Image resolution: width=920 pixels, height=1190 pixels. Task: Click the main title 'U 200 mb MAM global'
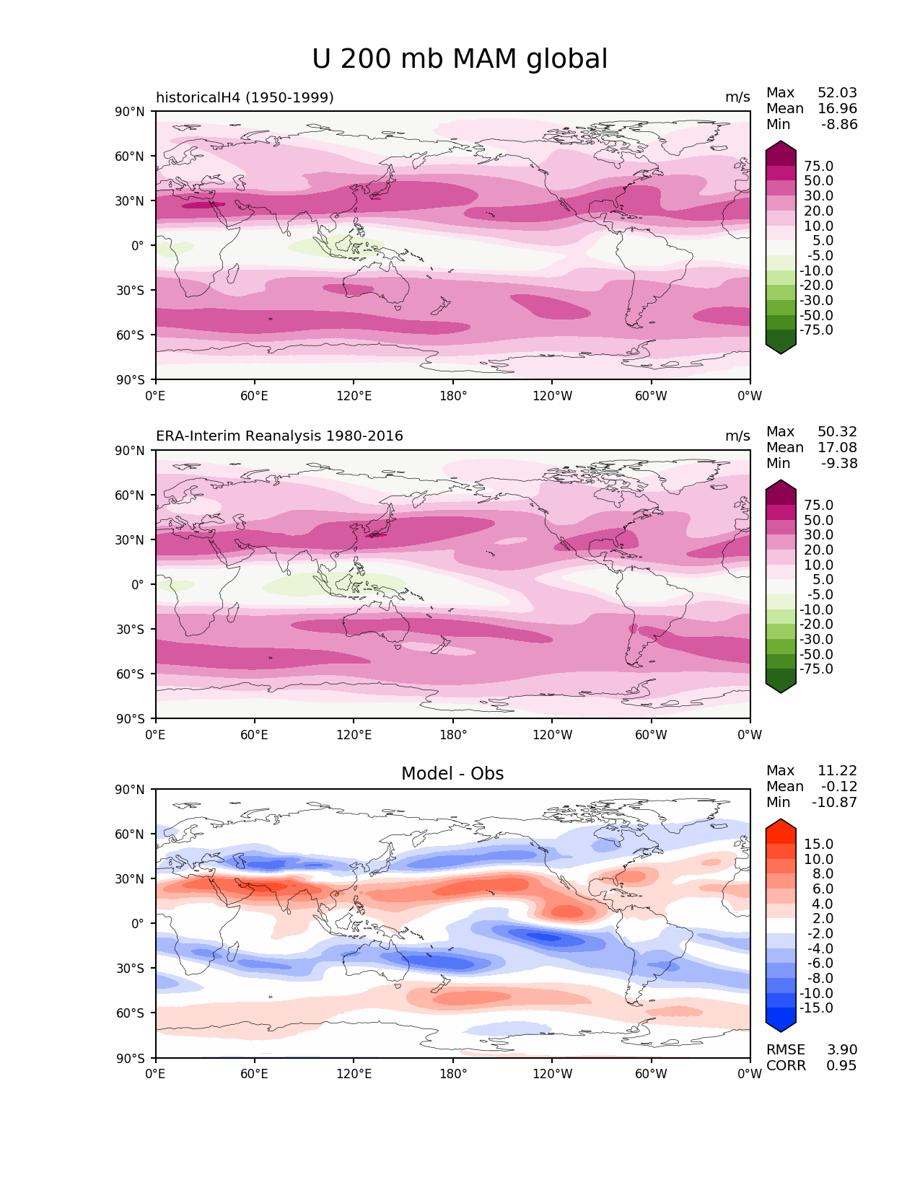tap(460, 59)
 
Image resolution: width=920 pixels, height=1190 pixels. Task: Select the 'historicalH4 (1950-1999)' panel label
tap(245, 97)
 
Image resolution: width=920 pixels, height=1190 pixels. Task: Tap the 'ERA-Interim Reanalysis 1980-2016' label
tap(279, 436)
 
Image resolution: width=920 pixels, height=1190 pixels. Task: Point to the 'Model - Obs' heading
tap(452, 774)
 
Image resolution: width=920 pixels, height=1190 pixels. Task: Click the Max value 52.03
tap(837, 93)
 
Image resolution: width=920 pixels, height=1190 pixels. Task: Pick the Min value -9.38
tap(839, 464)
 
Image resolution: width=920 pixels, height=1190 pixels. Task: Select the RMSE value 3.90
tap(842, 1050)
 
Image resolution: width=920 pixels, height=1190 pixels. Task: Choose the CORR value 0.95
tap(841, 1066)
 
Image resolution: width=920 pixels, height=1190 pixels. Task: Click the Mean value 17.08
tap(837, 448)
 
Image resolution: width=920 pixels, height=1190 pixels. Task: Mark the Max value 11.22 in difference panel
tap(837, 771)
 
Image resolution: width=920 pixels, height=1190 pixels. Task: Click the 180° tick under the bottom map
tap(453, 1074)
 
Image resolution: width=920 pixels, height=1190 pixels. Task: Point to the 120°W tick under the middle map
tap(553, 735)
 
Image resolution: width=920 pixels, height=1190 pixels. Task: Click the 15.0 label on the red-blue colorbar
tap(818, 845)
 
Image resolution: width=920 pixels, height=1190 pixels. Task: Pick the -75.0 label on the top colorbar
tap(816, 330)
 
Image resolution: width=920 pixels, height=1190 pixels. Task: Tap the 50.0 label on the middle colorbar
tap(818, 521)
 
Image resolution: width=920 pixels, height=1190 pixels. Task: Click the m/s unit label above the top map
tap(737, 97)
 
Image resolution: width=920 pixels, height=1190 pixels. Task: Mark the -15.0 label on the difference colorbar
tap(816, 1008)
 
